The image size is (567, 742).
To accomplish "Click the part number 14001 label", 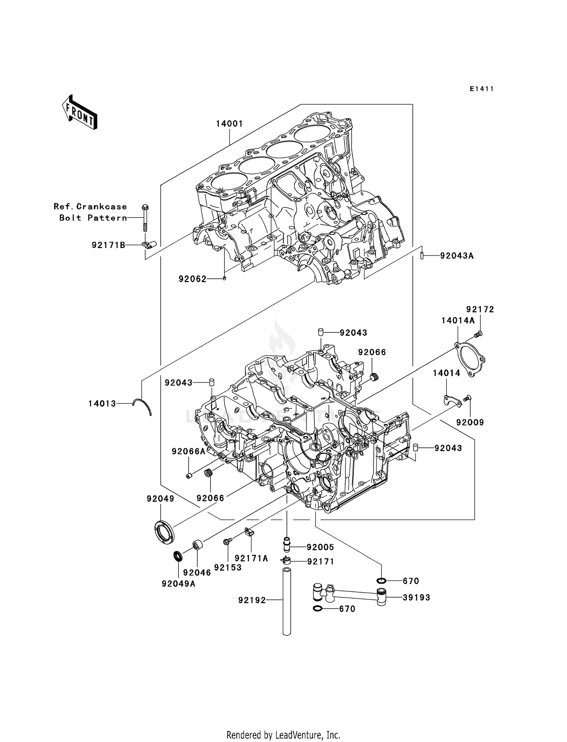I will pyautogui.click(x=229, y=124).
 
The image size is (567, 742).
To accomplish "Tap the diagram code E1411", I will pyautogui.click(x=482, y=89).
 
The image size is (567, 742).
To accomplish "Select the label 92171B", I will pyautogui.click(x=108, y=245).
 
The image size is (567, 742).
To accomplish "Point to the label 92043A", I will pyautogui.click(x=457, y=256).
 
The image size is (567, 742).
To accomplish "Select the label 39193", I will pyautogui.click(x=417, y=598).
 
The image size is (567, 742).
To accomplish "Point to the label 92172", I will pyautogui.click(x=480, y=309).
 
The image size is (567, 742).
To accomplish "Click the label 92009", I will pyautogui.click(x=470, y=422).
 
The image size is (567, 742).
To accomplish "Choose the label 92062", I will pyautogui.click(x=192, y=279).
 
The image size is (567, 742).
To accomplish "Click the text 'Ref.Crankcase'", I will pyautogui.click(x=90, y=206).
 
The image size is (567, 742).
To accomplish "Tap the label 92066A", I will pyautogui.click(x=188, y=451).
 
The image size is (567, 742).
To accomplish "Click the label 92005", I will pyautogui.click(x=320, y=547).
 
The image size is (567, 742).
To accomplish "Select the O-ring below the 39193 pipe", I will pyautogui.click(x=318, y=609).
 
